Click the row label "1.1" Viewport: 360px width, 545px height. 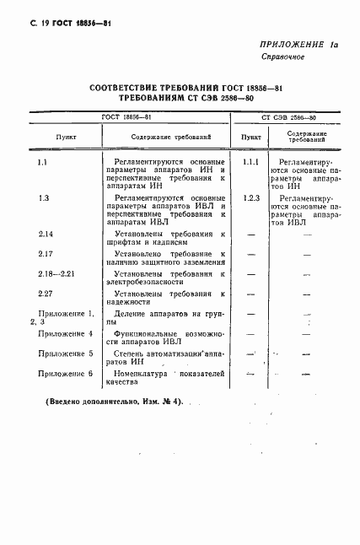pyautogui.click(x=45, y=161)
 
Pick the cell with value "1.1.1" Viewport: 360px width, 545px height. pyautogui.click(x=250, y=161)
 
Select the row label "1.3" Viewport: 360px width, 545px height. pyautogui.click(x=45, y=197)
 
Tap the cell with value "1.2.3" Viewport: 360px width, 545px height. pyautogui.click(x=250, y=197)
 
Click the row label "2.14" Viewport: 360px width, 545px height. pyautogui.click(x=46, y=234)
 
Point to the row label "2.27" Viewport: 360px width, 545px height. pyautogui.click(x=46, y=294)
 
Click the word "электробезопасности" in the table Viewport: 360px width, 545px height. pyautogui.click(x=142, y=282)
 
